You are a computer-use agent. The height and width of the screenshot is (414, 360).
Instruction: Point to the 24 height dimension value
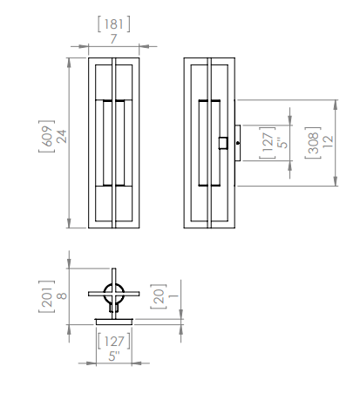[61, 137]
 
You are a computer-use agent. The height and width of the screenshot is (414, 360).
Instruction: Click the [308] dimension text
[312, 143]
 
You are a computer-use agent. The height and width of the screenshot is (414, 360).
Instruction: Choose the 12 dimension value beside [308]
[327, 143]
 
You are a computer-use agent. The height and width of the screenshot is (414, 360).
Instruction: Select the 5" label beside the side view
[281, 143]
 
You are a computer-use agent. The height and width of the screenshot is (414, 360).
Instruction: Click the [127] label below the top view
[113, 341]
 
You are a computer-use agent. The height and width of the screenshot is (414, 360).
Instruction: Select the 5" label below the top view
[113, 355]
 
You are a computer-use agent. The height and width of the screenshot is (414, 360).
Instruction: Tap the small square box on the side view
[224, 143]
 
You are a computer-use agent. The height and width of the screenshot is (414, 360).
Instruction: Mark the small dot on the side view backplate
[237, 143]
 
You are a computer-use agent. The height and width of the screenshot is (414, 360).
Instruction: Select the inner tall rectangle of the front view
[114, 143]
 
